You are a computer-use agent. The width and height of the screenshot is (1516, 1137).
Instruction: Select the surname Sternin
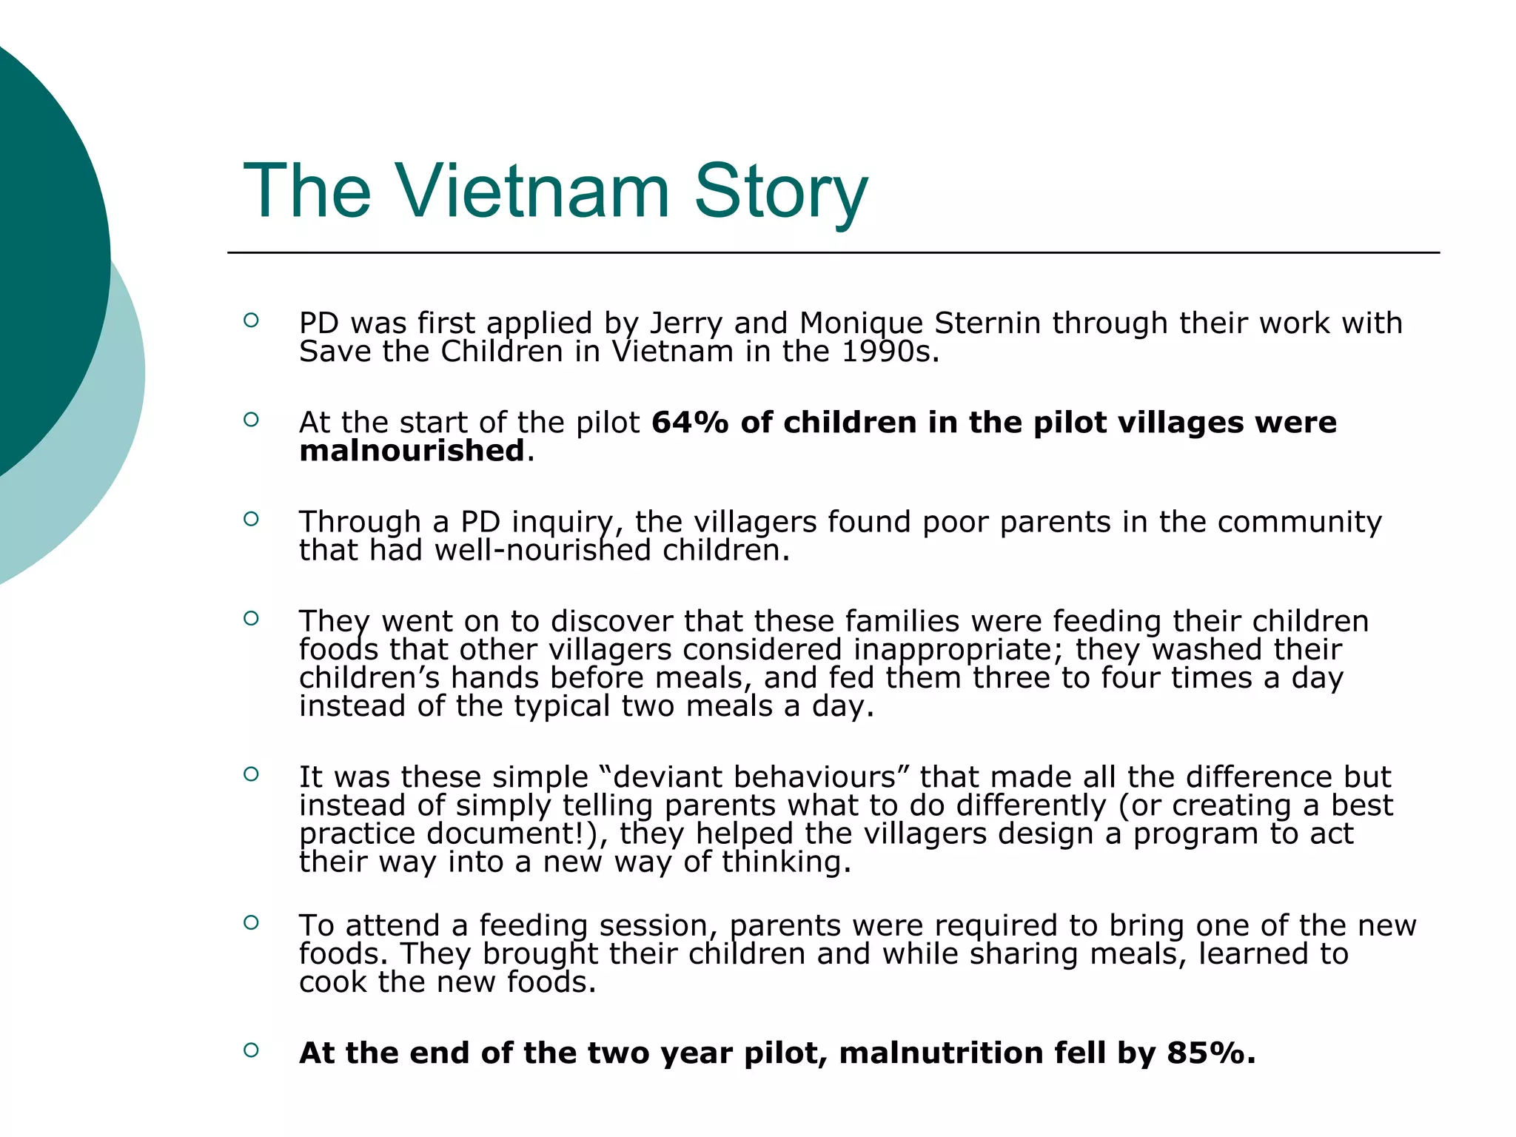[x=988, y=323]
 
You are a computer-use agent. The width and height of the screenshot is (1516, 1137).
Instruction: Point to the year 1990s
[x=890, y=352]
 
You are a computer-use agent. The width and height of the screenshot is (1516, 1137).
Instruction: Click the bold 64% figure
[x=691, y=423]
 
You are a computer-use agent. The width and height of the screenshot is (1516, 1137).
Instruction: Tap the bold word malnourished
[x=412, y=451]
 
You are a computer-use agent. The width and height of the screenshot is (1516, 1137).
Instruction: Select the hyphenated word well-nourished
[x=543, y=551]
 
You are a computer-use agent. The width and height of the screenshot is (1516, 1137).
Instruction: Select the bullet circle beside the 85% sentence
[x=251, y=1050]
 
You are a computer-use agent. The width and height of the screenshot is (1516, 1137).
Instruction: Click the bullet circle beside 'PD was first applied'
[x=251, y=320]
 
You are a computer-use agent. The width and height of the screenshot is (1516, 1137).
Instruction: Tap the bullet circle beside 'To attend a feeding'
[x=251, y=922]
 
